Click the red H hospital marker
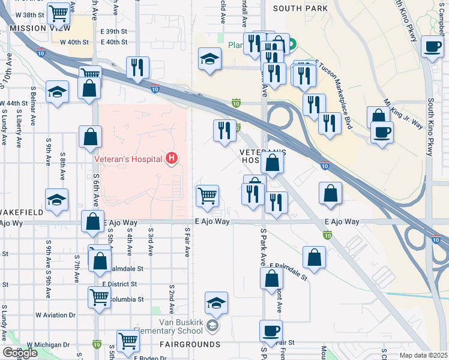[172, 158]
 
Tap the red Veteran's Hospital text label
[128, 159]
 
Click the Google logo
[20, 353]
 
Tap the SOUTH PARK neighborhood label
[300, 8]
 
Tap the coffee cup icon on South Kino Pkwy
[432, 46]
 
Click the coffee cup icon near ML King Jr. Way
[381, 131]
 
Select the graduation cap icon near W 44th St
[57, 92]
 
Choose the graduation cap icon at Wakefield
[57, 200]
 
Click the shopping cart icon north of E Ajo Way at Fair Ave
[207, 195]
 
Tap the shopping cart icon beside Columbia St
[99, 296]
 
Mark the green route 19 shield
[97, 344]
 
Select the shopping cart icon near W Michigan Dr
[128, 340]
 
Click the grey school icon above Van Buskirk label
[212, 326]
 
